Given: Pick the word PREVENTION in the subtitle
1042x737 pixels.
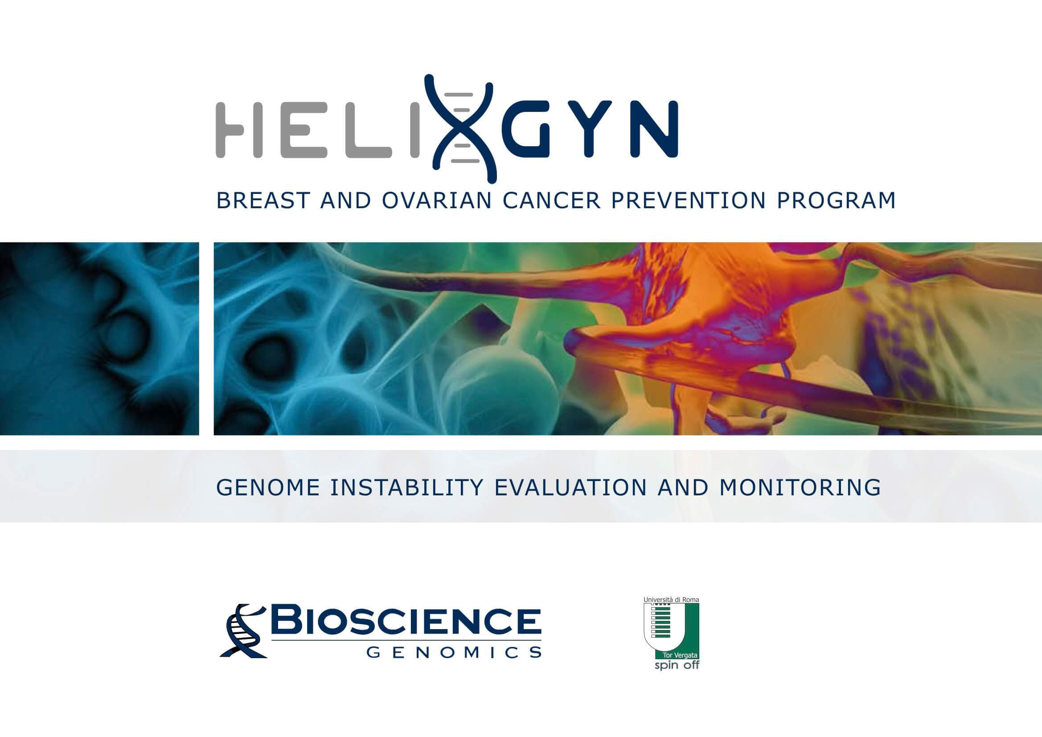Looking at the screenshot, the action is [x=689, y=201].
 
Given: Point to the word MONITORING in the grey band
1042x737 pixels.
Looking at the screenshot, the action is [x=800, y=487].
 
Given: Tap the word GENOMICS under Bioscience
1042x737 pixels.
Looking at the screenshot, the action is [x=453, y=653].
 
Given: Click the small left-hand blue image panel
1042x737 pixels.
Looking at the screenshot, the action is [x=99, y=339].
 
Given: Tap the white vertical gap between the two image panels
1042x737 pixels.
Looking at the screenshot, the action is [x=206, y=339].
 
